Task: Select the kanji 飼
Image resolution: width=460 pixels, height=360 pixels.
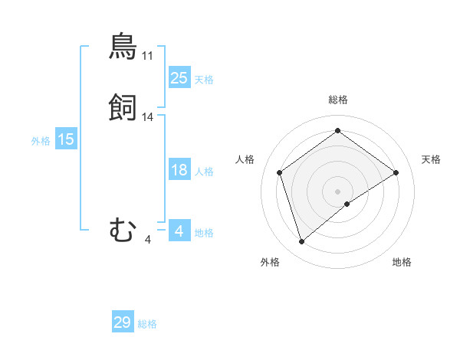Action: click(123, 108)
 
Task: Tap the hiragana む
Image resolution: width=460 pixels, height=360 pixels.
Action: click(123, 230)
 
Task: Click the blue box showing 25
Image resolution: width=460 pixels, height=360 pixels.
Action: click(179, 77)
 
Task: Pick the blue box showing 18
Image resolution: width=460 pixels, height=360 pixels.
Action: click(179, 170)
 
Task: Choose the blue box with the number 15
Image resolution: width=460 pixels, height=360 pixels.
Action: click(65, 139)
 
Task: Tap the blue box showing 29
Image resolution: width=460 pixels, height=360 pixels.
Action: click(123, 322)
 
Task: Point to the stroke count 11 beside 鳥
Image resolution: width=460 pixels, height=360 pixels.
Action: click(147, 56)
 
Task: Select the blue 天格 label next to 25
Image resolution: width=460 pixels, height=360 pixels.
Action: click(204, 79)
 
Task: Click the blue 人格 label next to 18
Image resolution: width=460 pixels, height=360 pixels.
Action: click(204, 172)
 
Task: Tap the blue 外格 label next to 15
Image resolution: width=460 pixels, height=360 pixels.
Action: click(40, 141)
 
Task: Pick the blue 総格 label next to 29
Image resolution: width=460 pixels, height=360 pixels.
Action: click(147, 324)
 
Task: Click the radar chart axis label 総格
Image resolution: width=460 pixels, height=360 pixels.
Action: click(337, 100)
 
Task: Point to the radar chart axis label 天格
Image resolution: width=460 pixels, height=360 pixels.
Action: click(431, 159)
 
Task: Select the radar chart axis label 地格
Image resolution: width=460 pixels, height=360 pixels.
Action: click(402, 262)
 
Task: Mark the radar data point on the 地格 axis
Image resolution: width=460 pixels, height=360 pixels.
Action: click(347, 204)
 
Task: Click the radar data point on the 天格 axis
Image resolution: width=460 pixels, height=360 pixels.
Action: click(396, 172)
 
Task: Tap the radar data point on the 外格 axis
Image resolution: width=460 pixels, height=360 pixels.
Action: click(301, 242)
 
